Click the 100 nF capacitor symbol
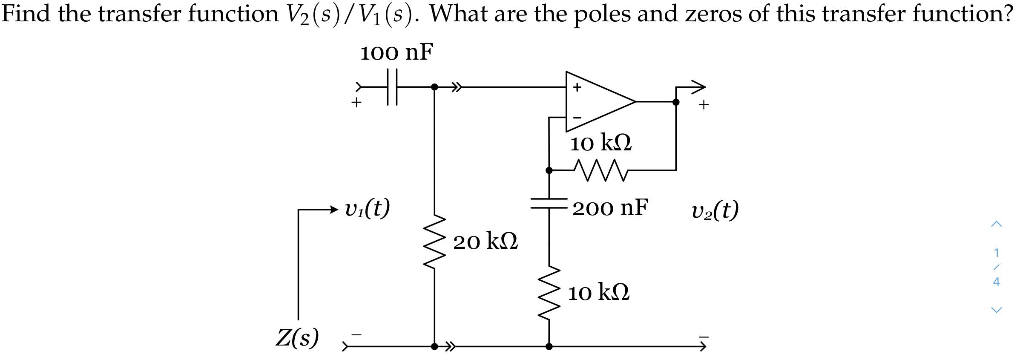(x=392, y=87)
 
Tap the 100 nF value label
(x=396, y=53)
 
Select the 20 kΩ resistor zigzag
(x=434, y=242)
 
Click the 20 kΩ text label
(x=485, y=242)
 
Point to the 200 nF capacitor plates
(x=549, y=203)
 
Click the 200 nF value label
(x=610, y=208)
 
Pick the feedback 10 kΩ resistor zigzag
(x=601, y=170)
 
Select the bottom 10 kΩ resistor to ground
(x=549, y=293)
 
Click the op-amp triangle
(x=596, y=101)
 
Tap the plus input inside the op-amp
(x=577, y=87)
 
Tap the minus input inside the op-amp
(x=577, y=117)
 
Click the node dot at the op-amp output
(x=675, y=102)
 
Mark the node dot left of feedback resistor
(x=549, y=170)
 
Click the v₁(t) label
(x=367, y=209)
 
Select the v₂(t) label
(x=715, y=210)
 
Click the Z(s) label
(x=297, y=338)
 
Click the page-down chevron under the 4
(x=996, y=310)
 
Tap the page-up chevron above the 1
(x=996, y=224)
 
